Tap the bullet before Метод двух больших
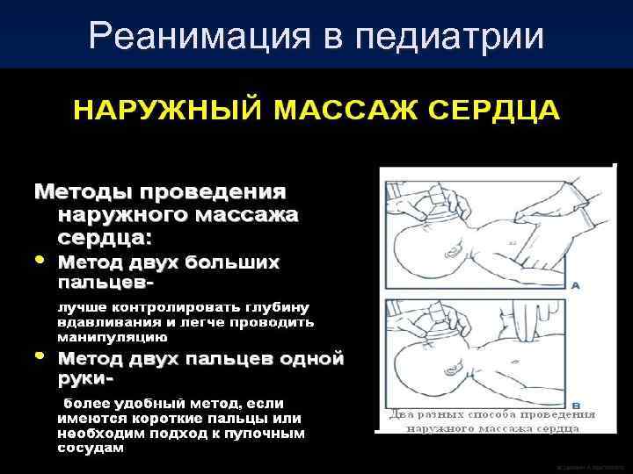[x=40, y=262]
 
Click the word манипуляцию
[x=112, y=335]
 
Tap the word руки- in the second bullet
[x=86, y=380]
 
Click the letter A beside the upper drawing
[x=576, y=285]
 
